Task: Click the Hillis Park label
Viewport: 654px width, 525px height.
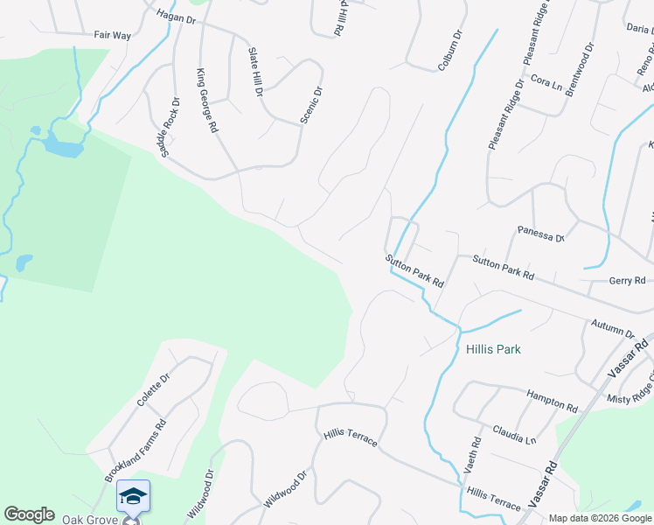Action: (493, 349)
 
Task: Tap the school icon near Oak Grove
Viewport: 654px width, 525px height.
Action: (132, 497)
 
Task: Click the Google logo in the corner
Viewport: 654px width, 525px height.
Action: (29, 514)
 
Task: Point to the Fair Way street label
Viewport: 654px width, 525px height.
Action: (112, 36)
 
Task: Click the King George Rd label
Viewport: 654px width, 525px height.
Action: (207, 101)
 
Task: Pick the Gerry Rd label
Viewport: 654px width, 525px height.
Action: (627, 281)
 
